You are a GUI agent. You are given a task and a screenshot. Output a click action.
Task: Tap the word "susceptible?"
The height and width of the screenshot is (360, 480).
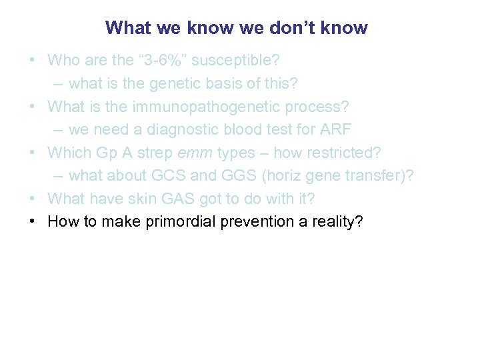coord(236,60)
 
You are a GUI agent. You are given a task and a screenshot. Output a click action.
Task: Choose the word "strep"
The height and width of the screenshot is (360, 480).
coord(155,153)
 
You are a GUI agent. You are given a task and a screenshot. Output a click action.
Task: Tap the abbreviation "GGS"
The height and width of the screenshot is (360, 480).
coord(239,175)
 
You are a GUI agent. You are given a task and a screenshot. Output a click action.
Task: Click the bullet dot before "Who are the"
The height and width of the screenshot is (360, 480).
coord(32,60)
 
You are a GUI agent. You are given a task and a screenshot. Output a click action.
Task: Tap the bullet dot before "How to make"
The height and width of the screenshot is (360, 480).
coord(32,221)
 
